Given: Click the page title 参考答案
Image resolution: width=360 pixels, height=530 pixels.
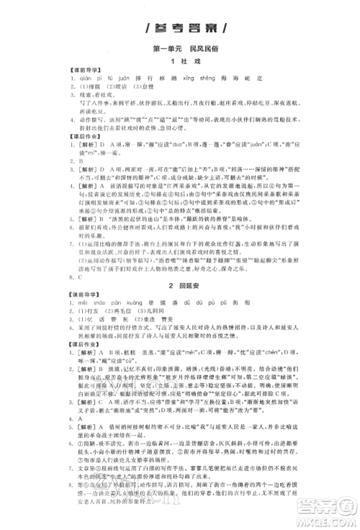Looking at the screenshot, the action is pyautogui.click(x=180, y=30).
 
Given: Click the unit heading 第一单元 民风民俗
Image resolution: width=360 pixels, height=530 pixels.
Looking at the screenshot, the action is pyautogui.click(x=180, y=49).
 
